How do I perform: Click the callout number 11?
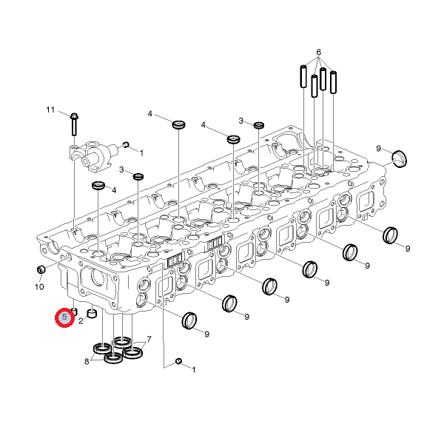click(x=50, y=110)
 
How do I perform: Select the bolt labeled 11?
click(x=74, y=124)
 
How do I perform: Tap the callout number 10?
click(x=39, y=287)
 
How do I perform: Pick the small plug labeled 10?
click(x=41, y=269)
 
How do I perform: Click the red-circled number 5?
click(x=64, y=317)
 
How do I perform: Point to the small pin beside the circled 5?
click(x=75, y=312)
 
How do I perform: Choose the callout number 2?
click(x=81, y=321)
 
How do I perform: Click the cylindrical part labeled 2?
click(x=92, y=314)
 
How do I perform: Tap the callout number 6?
click(x=318, y=53)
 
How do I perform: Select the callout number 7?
click(x=149, y=339)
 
